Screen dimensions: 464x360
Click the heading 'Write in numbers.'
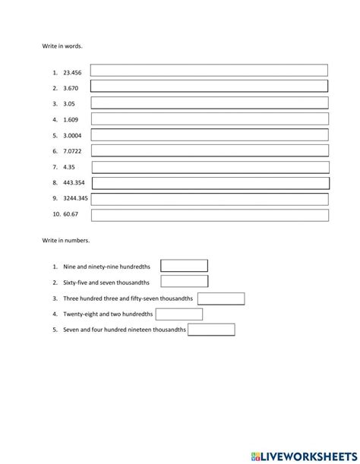[65, 240]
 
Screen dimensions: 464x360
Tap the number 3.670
[71, 88]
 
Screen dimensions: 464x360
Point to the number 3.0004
[72, 135]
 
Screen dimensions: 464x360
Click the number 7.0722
[72, 151]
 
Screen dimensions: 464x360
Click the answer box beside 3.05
[209, 103]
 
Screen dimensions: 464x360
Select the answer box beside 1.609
[209, 119]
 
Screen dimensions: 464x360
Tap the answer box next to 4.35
[210, 167]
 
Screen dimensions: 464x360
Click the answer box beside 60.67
[210, 215]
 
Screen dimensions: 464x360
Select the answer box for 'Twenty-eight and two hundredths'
[179, 314]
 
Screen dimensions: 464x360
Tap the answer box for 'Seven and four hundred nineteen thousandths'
[211, 330]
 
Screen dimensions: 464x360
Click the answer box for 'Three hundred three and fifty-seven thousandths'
[221, 298]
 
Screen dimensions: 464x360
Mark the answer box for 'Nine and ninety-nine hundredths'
[184, 266]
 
